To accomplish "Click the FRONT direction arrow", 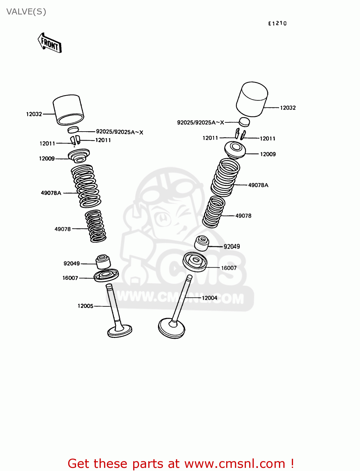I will coord(50,43).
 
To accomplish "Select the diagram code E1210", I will coord(277,24).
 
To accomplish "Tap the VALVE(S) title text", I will coord(26,12).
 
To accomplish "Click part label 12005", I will coord(85,306).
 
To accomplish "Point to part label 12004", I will coord(210,298).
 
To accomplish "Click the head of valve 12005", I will coord(120,331).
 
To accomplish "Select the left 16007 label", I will coord(70,278).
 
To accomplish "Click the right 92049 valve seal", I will coord(202,243).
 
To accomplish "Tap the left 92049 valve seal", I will coord(103,262).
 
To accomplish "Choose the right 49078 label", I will coord(243,216).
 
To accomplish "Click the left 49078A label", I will coord(51,193).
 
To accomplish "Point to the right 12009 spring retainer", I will coord(235,150).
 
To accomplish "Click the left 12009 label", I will coord(47,159).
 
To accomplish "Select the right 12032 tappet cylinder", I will coord(252,99).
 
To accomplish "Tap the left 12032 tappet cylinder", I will coord(68,110).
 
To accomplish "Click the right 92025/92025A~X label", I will coord(200,122).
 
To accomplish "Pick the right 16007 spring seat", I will coord(195,262).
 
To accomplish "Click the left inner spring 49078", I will coord(95,226).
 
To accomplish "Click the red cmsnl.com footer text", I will coord(181,464).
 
